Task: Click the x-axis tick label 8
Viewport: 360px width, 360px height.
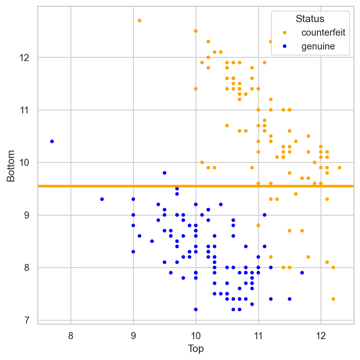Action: click(71, 336)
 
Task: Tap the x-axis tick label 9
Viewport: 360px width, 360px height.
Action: click(133, 336)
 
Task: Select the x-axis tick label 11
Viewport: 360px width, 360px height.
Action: click(258, 336)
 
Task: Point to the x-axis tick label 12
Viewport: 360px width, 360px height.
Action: click(321, 336)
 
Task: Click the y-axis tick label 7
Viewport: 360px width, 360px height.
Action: click(27, 320)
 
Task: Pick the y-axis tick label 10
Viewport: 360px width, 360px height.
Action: click(24, 163)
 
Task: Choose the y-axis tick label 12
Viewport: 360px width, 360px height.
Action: click(24, 58)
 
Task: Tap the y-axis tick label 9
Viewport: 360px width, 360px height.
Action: click(27, 215)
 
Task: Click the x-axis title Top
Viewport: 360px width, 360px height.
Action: click(196, 349)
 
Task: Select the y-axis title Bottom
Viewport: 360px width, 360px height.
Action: click(11, 166)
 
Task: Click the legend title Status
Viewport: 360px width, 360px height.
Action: click(310, 19)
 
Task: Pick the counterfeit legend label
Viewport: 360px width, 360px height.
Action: click(323, 32)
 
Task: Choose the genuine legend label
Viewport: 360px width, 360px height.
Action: click(318, 47)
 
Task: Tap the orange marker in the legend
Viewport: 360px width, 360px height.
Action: click(284, 32)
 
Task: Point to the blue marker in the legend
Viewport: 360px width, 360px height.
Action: click(284, 47)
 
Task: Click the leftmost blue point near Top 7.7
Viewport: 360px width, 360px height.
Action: click(52, 141)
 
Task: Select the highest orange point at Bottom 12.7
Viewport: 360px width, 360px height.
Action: click(139, 21)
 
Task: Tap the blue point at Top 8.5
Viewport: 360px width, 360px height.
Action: click(102, 199)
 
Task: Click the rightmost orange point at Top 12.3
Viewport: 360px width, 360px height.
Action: click(339, 168)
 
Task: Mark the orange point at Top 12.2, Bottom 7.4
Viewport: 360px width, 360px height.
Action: click(333, 299)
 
